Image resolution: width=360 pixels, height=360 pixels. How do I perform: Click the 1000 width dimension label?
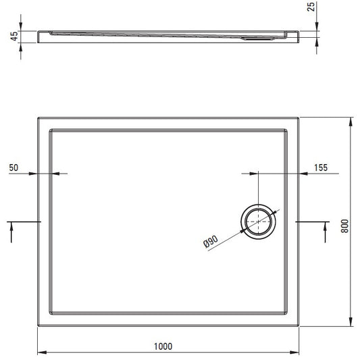click(x=163, y=346)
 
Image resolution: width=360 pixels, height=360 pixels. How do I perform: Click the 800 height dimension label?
click(x=344, y=226)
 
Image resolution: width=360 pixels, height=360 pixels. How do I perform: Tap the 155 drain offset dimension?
click(x=321, y=168)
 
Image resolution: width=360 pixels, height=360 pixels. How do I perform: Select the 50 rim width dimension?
click(x=14, y=168)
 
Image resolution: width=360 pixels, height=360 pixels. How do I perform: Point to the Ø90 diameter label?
click(x=211, y=242)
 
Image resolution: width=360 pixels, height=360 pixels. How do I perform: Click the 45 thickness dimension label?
click(x=14, y=36)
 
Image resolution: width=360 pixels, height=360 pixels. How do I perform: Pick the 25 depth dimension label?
click(x=311, y=7)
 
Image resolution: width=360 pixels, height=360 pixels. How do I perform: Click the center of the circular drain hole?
click(x=259, y=222)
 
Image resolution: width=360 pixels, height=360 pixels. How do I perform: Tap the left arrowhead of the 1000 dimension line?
click(x=42, y=353)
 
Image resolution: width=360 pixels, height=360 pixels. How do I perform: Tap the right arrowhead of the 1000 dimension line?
click(x=294, y=353)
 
